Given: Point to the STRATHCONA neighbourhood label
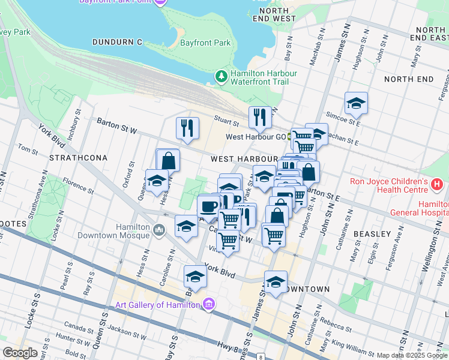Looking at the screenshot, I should [x=78, y=158].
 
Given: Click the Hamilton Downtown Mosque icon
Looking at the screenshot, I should [x=160, y=229].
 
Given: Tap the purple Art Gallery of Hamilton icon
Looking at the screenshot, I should [x=208, y=304].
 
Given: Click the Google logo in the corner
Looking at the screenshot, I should [x=20, y=353].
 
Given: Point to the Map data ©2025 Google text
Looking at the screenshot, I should [x=412, y=355].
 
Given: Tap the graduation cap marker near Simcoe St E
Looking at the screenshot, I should [x=356, y=103].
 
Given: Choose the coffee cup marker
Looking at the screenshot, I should [x=208, y=206].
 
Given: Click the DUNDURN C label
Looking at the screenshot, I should [x=117, y=42].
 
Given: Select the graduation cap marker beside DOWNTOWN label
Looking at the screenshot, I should [x=276, y=282].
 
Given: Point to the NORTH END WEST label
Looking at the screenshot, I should [x=274, y=14].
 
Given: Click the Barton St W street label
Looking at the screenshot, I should [x=117, y=124].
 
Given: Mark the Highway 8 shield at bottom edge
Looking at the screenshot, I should [x=261, y=357].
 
